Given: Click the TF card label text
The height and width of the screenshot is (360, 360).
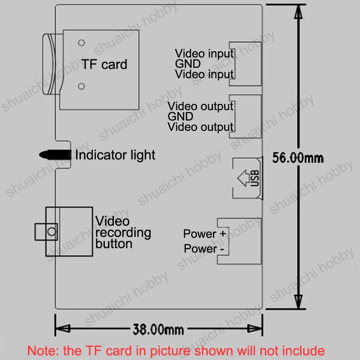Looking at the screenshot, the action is pos(104,64).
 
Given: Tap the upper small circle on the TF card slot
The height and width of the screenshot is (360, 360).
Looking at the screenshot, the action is pos(81,43).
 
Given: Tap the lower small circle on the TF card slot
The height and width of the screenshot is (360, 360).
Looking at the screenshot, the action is pos(81,86).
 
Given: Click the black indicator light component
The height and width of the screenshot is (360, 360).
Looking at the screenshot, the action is pos(55,154).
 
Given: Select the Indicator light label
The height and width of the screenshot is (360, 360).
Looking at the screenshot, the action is pos(115,155).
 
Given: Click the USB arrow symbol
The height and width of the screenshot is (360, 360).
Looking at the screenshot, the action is pos(243,178).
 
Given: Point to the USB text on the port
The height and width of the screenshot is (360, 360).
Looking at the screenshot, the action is pos(255,178).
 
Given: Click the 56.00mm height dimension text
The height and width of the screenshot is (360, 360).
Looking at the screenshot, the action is pos(298,158).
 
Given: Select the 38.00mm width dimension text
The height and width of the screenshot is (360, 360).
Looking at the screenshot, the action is pos(158,329).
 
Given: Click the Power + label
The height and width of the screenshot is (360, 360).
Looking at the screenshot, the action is pos(205,234).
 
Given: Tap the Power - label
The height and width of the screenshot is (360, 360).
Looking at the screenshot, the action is pos(204,249).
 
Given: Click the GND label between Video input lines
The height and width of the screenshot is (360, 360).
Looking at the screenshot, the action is pos(188,64).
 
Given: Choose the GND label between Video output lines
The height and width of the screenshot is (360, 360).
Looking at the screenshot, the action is pos(180,117).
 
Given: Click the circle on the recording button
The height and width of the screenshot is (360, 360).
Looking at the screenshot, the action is pos(52,231).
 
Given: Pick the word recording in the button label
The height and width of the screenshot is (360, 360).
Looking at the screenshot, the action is pos(123,233).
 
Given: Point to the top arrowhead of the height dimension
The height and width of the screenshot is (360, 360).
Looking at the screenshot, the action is pos(298,12).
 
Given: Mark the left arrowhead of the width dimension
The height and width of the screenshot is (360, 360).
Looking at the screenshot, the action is pos(63,328).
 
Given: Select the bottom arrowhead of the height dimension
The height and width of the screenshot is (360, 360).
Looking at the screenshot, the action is pos(298,301).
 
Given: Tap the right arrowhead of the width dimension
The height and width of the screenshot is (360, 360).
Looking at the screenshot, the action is pos(255,328).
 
